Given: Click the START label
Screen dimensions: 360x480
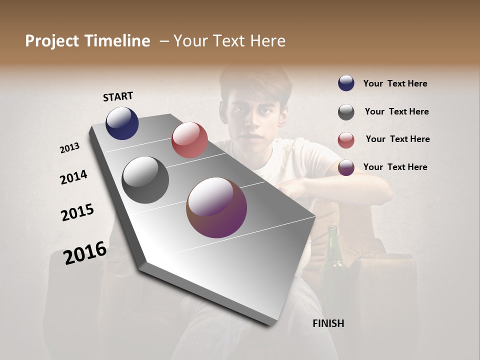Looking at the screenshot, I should click(118, 96).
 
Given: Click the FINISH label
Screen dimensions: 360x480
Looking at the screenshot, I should click(328, 323).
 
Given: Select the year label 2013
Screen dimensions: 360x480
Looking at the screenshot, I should click(69, 148).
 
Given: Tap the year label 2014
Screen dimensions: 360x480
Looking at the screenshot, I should click(73, 177).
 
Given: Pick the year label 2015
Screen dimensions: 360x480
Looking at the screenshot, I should click(77, 212).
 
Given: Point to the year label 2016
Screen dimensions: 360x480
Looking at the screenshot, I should click(85, 252).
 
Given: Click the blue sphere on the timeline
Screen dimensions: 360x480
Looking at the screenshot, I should click(122, 123).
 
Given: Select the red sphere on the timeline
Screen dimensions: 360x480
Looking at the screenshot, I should click(189, 140).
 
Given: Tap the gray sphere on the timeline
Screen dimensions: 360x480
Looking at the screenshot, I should click(145, 180).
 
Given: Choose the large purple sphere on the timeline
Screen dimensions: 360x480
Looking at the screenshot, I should click(216, 207).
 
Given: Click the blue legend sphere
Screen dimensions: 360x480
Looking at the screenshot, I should click(346, 83).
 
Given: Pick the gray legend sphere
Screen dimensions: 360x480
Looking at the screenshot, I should click(346, 112).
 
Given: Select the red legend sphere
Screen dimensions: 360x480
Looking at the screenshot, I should click(346, 140).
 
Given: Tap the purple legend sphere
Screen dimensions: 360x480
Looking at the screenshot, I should click(346, 167).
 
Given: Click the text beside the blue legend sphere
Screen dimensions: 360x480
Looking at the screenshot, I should click(395, 83).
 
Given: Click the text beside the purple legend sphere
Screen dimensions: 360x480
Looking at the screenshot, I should click(395, 167).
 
